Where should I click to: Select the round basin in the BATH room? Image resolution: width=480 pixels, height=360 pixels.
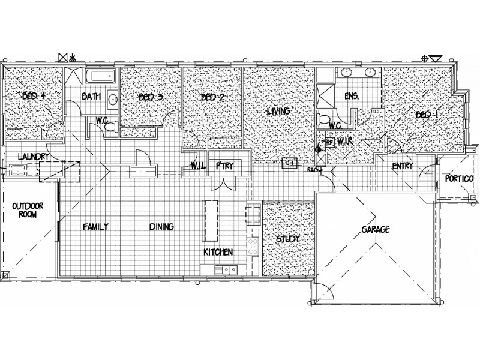[112, 99]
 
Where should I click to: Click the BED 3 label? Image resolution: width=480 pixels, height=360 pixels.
[151, 97]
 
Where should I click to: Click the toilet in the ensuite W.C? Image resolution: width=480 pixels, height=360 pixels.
[325, 116]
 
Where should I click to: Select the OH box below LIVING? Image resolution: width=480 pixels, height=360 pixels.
[290, 163]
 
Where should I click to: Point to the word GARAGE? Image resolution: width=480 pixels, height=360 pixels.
[375, 230]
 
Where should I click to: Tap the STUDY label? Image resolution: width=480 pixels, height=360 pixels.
[287, 239]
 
